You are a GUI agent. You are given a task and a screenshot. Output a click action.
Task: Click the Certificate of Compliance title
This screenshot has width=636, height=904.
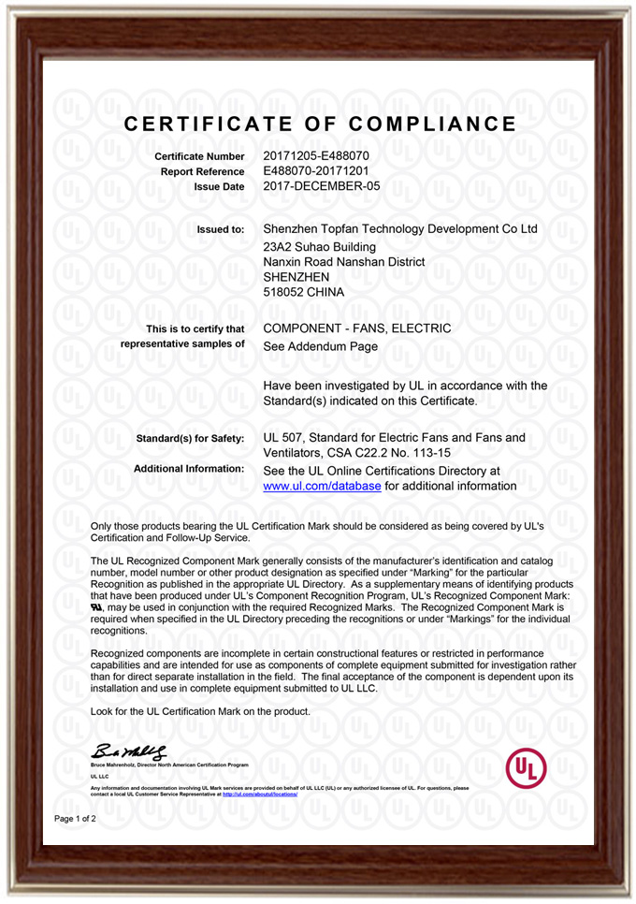pos(320,124)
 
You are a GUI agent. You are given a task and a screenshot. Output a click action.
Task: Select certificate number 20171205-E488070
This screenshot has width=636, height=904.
pos(316,155)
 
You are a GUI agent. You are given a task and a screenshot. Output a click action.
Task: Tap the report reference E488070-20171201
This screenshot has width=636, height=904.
pos(317,171)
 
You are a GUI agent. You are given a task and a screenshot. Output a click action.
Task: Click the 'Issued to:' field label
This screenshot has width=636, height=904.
pos(221,229)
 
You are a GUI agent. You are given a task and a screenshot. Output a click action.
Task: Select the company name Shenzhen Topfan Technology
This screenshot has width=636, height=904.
pos(400,228)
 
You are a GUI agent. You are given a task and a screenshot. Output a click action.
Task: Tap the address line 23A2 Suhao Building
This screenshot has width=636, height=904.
pos(322,245)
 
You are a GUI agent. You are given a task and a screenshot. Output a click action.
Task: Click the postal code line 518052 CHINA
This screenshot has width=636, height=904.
pos(304,292)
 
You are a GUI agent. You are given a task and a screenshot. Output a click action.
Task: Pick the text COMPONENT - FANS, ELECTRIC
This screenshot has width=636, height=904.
pos(357,328)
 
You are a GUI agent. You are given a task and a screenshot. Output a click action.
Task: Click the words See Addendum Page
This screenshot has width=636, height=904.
pos(321,345)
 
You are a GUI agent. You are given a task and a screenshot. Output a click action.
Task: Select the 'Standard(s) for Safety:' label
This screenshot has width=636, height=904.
pos(191,438)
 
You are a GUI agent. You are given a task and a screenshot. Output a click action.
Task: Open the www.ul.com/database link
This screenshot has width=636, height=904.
pos(322,487)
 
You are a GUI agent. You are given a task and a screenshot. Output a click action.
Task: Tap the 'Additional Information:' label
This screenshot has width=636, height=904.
pos(189,468)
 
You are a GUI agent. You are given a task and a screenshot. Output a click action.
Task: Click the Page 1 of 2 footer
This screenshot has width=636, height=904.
pos(75,819)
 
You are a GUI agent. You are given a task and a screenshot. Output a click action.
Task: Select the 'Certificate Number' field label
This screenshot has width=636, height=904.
pos(199,156)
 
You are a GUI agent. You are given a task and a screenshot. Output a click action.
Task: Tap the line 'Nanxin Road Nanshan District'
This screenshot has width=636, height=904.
pos(344,261)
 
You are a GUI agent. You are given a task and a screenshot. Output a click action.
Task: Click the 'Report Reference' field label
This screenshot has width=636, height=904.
pos(203,172)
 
